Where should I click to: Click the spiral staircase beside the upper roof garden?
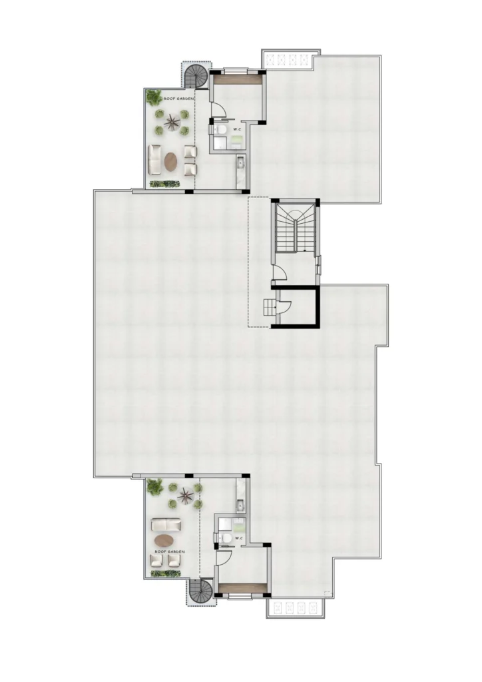[196, 77]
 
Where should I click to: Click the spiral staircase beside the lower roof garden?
[201, 591]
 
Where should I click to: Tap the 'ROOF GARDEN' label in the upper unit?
[178, 99]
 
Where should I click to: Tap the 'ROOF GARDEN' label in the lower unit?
[170, 551]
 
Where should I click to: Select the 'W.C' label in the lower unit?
[238, 538]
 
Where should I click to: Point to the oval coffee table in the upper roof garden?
[171, 161]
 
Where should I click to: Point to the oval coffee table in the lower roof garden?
[164, 540]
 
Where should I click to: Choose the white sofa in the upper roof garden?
[154, 158]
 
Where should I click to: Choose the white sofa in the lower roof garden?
[166, 524]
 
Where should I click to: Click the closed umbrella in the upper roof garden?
[170, 123]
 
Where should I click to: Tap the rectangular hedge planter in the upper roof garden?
[164, 184]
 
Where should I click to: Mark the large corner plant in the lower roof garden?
[154, 486]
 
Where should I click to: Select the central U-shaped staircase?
[295, 228]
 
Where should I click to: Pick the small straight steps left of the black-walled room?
[270, 308]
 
